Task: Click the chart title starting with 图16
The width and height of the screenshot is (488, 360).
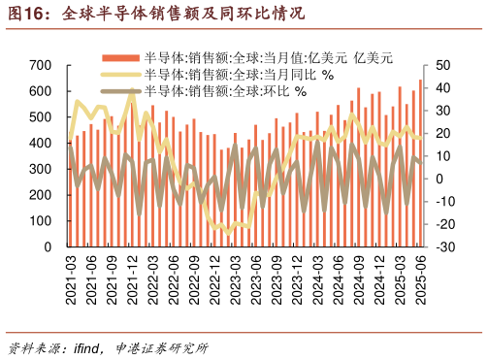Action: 155,14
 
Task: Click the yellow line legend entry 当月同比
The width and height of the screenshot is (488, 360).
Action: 238,75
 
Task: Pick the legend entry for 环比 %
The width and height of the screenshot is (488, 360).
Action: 224,91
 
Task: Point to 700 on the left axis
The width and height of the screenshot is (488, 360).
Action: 41,65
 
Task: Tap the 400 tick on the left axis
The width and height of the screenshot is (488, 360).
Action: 41,143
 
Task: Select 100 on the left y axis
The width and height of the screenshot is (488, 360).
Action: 41,221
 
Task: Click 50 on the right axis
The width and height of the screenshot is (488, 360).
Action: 443,65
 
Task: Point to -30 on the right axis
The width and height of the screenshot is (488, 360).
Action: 444,247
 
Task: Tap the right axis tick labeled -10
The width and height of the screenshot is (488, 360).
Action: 444,202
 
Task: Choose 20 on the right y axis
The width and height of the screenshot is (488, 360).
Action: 443,133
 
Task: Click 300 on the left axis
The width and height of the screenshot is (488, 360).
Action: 41,169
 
